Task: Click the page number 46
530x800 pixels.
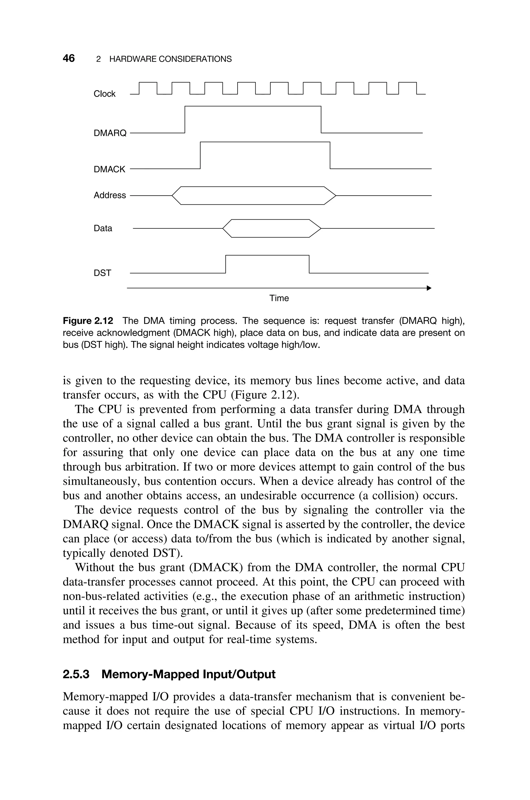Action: point(69,58)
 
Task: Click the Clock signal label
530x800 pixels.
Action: point(105,94)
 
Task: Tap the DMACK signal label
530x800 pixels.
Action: point(109,169)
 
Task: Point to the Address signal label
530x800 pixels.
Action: point(109,195)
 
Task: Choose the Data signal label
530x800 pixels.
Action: point(103,228)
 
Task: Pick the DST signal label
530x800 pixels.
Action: point(102,273)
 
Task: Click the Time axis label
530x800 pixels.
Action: point(279,298)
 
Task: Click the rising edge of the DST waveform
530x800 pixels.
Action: point(225,264)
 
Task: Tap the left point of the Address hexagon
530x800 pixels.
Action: point(172,196)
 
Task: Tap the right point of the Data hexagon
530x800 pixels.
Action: point(320,229)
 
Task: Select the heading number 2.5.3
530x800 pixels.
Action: point(76,674)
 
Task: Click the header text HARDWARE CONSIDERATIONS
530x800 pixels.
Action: point(170,59)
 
